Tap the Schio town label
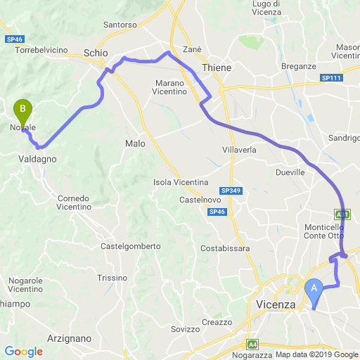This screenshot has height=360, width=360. click(95, 53)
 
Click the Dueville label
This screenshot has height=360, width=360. click(290, 172)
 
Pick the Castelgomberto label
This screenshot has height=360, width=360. click(131, 246)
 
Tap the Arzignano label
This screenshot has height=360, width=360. click(69, 338)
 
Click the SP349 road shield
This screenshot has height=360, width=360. click(229, 191)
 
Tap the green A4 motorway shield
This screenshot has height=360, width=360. click(252, 345)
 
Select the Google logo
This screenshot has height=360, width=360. click(23, 351)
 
